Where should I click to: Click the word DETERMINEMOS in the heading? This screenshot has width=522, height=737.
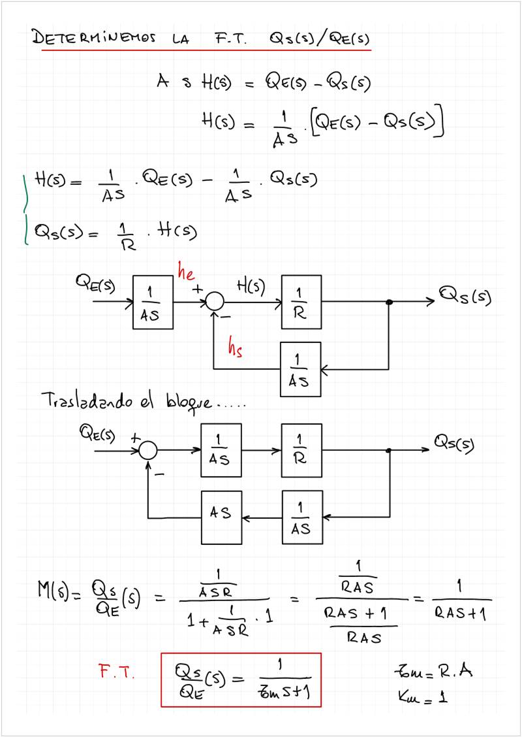[x=95, y=38]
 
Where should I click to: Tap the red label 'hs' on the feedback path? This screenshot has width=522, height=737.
[x=236, y=348]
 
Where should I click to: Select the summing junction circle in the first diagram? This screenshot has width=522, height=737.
[x=215, y=301]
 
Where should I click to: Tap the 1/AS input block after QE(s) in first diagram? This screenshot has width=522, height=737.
[x=153, y=302]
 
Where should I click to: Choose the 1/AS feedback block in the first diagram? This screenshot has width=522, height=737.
[x=301, y=369]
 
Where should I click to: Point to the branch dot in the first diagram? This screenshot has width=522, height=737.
[x=390, y=302]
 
